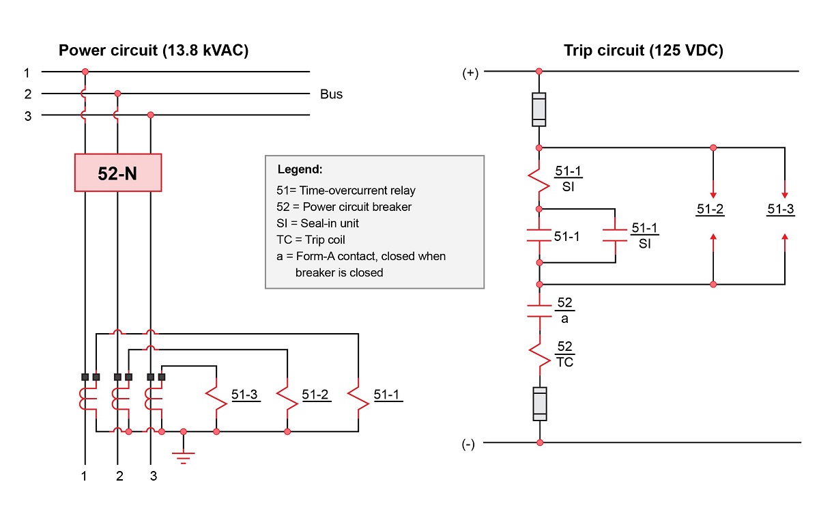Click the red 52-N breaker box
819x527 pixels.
tap(117, 173)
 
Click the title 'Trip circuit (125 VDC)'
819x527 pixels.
tap(643, 51)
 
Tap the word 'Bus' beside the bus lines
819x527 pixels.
tap(331, 94)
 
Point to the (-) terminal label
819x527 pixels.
tap(468, 444)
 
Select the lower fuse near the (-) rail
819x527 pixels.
tap(539, 403)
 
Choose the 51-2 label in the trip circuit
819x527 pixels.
tap(710, 210)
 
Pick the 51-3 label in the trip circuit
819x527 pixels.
tap(780, 210)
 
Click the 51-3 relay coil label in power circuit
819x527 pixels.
tap(245, 395)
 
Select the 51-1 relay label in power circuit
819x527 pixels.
tap(388, 395)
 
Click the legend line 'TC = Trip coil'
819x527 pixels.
tap(311, 240)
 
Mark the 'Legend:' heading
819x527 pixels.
tap(300, 169)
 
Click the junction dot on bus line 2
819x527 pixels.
tap(118, 93)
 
